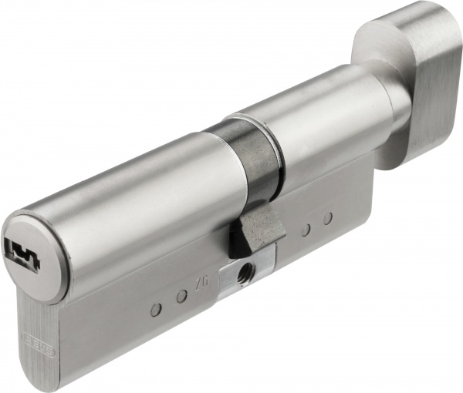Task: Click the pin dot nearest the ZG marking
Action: (x=182, y=296)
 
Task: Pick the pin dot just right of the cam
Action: (x=306, y=229)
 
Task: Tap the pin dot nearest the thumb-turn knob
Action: (x=327, y=219)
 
